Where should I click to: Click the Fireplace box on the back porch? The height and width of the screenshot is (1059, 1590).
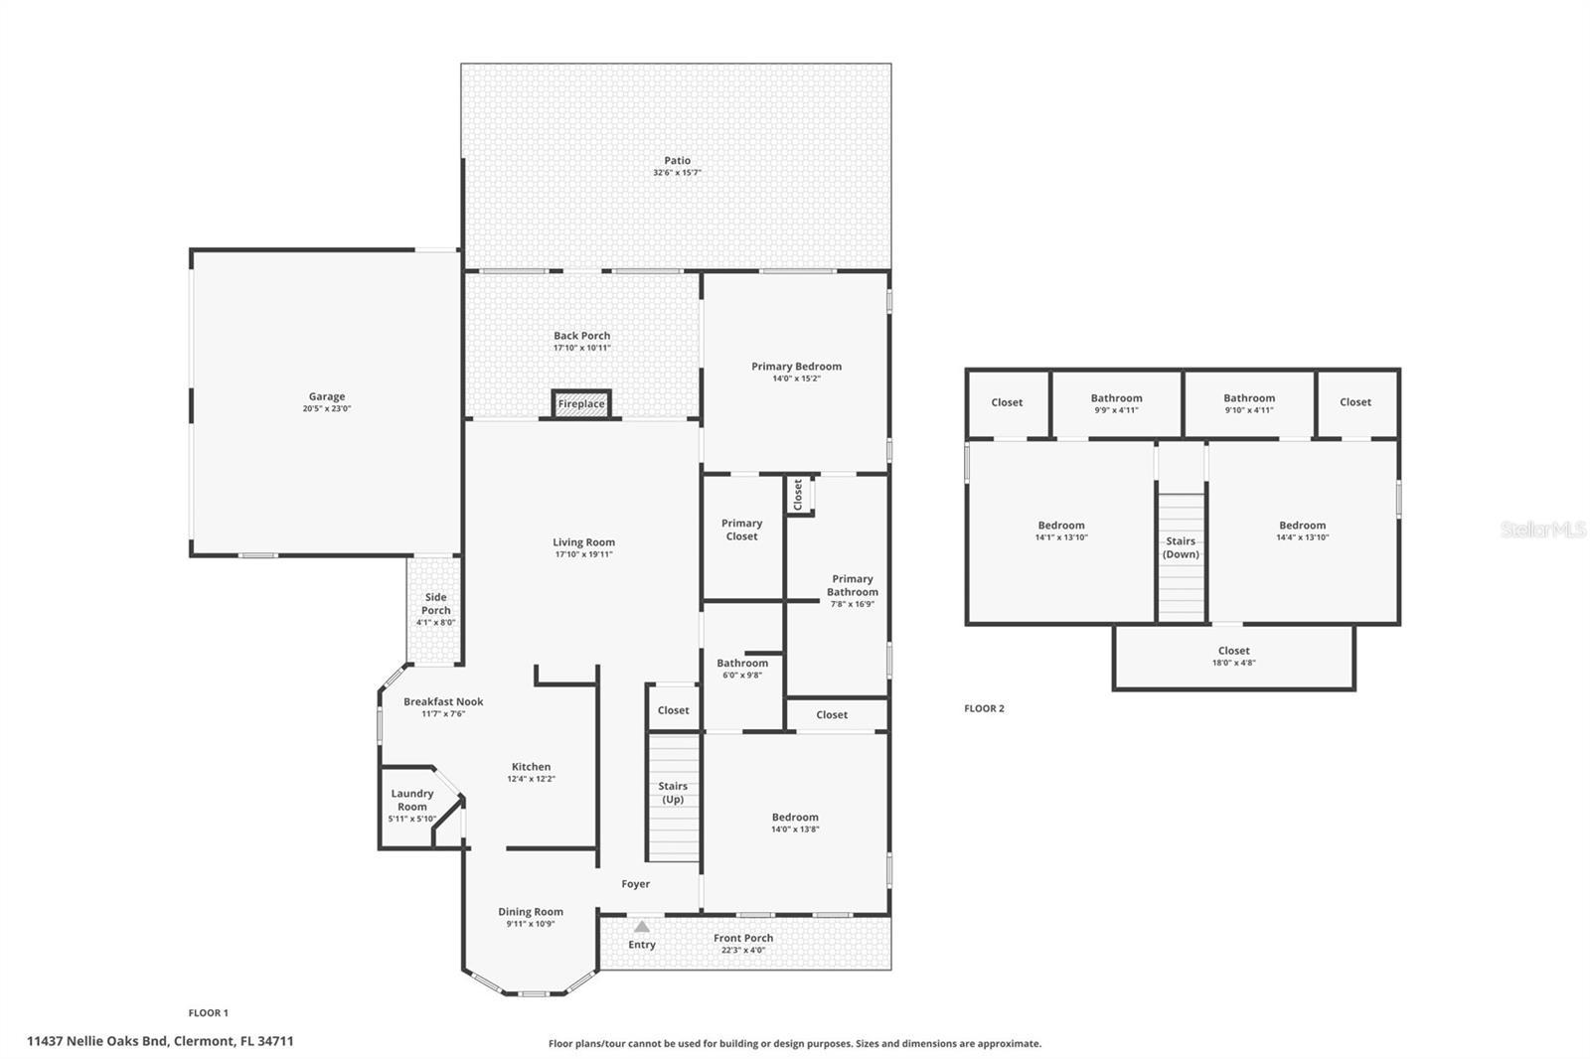tap(581, 403)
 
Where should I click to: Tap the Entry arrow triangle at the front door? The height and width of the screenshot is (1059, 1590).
tap(642, 927)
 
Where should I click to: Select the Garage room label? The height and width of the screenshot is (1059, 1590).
tap(326, 396)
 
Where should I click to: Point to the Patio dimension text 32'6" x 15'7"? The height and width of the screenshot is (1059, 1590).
tap(677, 173)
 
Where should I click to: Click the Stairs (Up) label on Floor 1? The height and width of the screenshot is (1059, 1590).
tap(673, 793)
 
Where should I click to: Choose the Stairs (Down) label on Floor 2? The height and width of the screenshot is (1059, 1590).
tap(1181, 547)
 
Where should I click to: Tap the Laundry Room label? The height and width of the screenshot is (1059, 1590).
tap(411, 800)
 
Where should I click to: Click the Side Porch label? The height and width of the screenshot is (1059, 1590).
tap(435, 604)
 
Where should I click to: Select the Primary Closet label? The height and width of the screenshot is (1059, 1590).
tap(741, 529)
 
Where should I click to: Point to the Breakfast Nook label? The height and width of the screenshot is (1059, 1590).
tap(443, 701)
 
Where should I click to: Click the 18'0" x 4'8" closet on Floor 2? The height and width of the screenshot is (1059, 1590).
tap(1233, 657)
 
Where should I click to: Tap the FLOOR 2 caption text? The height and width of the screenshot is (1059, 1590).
tap(984, 708)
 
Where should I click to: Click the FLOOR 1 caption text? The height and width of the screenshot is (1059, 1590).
tap(209, 1013)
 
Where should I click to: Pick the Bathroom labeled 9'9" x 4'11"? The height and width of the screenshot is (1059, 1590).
tap(1116, 403)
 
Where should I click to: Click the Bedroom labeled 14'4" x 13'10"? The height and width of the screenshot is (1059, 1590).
tap(1302, 530)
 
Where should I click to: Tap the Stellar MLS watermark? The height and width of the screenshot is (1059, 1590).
tap(1542, 529)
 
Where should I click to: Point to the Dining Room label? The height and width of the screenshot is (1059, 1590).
tap(531, 912)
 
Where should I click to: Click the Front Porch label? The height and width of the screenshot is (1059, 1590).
tap(743, 938)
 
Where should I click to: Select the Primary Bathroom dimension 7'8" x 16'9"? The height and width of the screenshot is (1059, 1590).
tap(852, 604)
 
